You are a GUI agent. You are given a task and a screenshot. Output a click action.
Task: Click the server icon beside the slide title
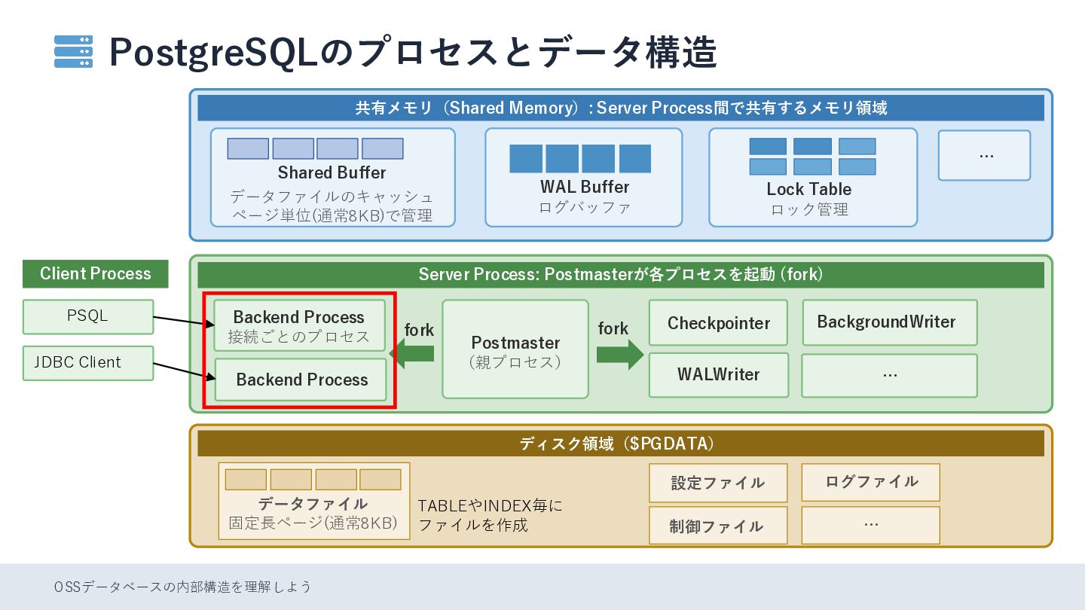click(73, 51)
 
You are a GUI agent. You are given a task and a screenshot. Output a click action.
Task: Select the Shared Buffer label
click(332, 172)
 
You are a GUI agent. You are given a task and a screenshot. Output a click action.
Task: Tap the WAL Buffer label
click(585, 187)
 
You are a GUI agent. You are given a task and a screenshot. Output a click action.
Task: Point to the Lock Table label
click(809, 189)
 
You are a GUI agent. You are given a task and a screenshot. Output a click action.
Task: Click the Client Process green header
click(96, 273)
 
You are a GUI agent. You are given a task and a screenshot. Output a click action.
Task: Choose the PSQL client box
click(88, 316)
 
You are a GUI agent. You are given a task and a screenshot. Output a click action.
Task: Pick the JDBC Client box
click(88, 363)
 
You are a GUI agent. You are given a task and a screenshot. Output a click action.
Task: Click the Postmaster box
click(515, 349)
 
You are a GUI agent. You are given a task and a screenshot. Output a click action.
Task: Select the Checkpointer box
click(718, 323)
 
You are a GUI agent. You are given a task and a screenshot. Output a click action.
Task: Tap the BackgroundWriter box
click(890, 322)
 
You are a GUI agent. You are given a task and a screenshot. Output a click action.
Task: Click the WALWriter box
click(719, 375)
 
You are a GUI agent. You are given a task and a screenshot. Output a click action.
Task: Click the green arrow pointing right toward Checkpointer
click(620, 355)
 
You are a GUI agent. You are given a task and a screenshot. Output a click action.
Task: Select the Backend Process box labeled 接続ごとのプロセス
click(300, 325)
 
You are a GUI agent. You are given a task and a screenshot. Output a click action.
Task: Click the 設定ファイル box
click(718, 483)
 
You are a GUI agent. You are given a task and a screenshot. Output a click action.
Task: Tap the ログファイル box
click(871, 482)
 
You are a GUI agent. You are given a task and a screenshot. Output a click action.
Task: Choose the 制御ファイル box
click(718, 526)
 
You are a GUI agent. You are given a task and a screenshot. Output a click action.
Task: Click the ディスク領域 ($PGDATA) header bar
click(621, 444)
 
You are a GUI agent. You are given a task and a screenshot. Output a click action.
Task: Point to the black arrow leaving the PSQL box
click(184, 321)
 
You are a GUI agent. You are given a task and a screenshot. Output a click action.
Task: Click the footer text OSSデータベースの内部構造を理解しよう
click(182, 587)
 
